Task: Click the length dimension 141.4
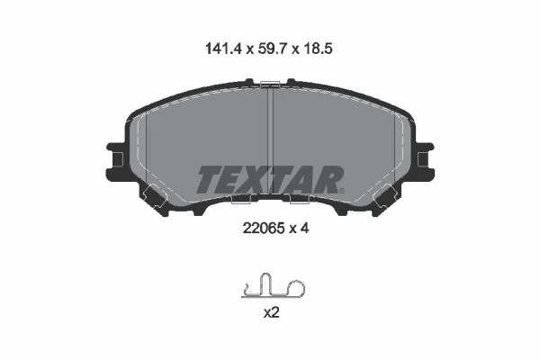(x=224, y=49)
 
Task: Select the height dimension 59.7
(x=273, y=49)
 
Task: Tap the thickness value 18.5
(x=318, y=49)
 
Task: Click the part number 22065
(x=264, y=228)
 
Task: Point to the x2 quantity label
(x=271, y=313)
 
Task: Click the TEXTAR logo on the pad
(x=270, y=179)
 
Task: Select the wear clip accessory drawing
(x=273, y=285)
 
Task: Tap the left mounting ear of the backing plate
(x=115, y=160)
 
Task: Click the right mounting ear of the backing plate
(x=425, y=160)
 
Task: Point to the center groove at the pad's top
(x=270, y=141)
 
